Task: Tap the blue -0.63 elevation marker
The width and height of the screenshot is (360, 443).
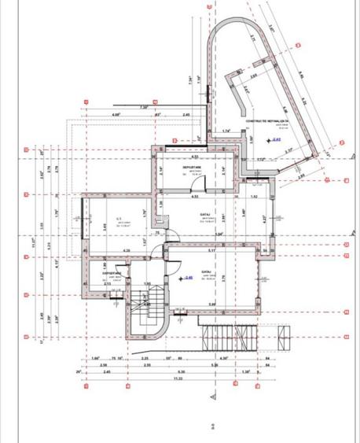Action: pos(277,138)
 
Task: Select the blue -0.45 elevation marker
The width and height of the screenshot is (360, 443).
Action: pos(188,277)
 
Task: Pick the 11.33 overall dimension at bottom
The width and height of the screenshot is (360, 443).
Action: pos(180,378)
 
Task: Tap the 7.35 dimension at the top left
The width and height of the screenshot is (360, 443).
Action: pos(143,107)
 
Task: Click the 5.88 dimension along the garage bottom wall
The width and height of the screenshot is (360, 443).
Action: pos(211,304)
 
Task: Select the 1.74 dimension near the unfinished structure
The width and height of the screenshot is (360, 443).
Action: pos(226,131)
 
